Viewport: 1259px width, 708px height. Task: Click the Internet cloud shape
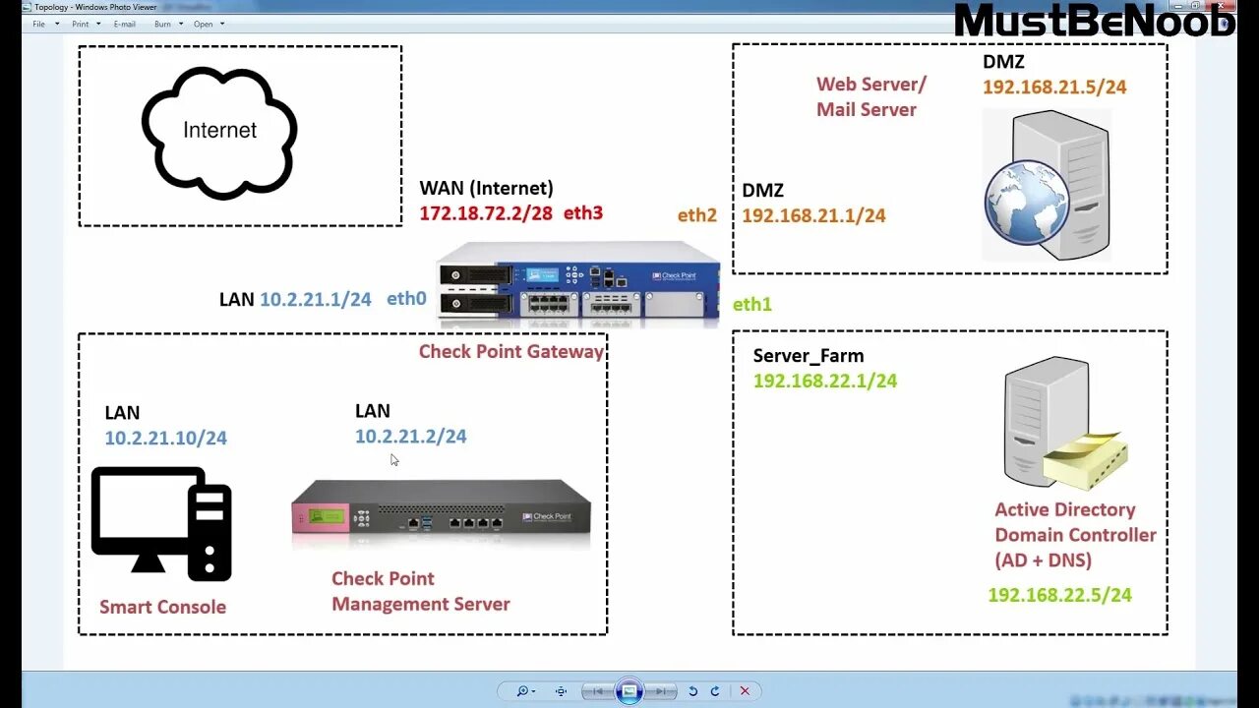coord(219,132)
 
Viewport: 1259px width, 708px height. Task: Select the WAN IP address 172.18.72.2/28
coord(486,212)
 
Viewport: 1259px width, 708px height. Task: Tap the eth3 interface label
coord(583,212)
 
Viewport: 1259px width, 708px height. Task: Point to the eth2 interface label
coord(697,215)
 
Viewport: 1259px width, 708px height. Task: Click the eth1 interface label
coord(752,305)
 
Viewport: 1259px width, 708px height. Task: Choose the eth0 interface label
coord(406,299)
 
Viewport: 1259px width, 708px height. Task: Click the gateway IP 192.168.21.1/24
coord(813,215)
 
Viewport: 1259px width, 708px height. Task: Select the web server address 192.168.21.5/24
coord(1054,87)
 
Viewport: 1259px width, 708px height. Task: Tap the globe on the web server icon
coord(1026,203)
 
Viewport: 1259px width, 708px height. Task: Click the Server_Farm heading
coord(809,356)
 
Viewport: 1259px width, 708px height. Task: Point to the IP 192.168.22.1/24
coord(825,381)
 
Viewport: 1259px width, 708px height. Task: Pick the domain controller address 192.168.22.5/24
coord(1059,595)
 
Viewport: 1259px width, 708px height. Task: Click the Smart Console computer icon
coord(161,522)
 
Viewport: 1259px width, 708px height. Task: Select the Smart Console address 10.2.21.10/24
coord(166,438)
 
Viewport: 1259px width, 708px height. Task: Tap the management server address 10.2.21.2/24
coord(411,436)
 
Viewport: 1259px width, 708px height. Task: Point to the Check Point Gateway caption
coord(511,351)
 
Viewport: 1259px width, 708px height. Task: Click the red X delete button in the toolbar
coord(745,691)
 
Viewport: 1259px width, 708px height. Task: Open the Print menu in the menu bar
coord(81,24)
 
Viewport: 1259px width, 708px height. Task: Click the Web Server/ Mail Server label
coord(871,96)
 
